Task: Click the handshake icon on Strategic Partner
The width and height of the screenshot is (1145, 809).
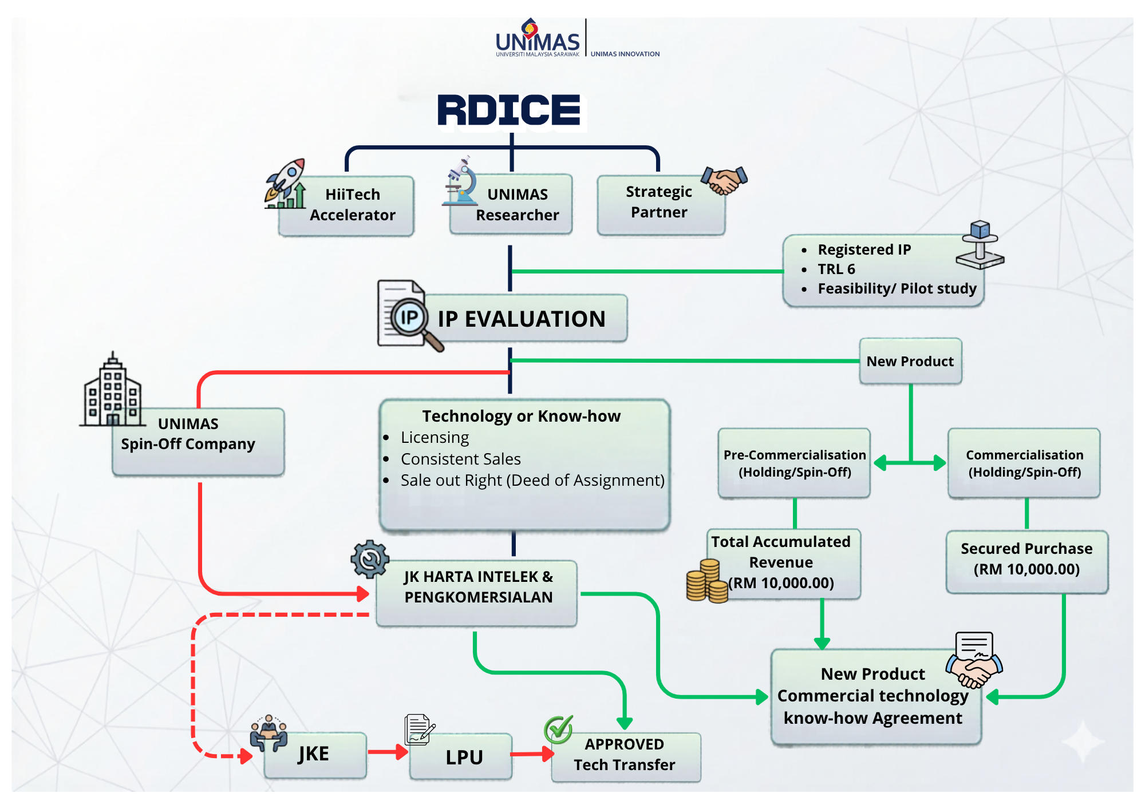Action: (x=725, y=180)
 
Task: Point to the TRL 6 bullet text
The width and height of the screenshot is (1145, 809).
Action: (x=836, y=269)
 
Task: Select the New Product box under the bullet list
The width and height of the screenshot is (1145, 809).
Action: (x=910, y=361)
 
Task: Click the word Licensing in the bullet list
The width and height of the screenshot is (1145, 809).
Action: (x=435, y=438)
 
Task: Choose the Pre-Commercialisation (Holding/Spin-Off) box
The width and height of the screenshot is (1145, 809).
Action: (x=795, y=463)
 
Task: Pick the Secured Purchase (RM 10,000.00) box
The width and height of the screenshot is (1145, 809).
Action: (x=1027, y=562)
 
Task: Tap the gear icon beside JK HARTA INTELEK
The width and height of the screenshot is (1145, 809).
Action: (x=370, y=559)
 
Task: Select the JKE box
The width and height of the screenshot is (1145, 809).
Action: (x=315, y=755)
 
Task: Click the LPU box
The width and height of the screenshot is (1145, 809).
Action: (x=461, y=756)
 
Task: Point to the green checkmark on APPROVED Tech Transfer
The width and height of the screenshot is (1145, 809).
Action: (x=558, y=729)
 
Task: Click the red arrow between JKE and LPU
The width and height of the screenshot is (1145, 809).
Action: (x=388, y=752)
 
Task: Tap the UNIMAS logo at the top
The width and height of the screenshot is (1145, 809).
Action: (x=538, y=38)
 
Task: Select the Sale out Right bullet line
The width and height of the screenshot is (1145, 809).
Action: (x=532, y=481)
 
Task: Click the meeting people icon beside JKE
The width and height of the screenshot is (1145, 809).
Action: (x=269, y=733)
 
